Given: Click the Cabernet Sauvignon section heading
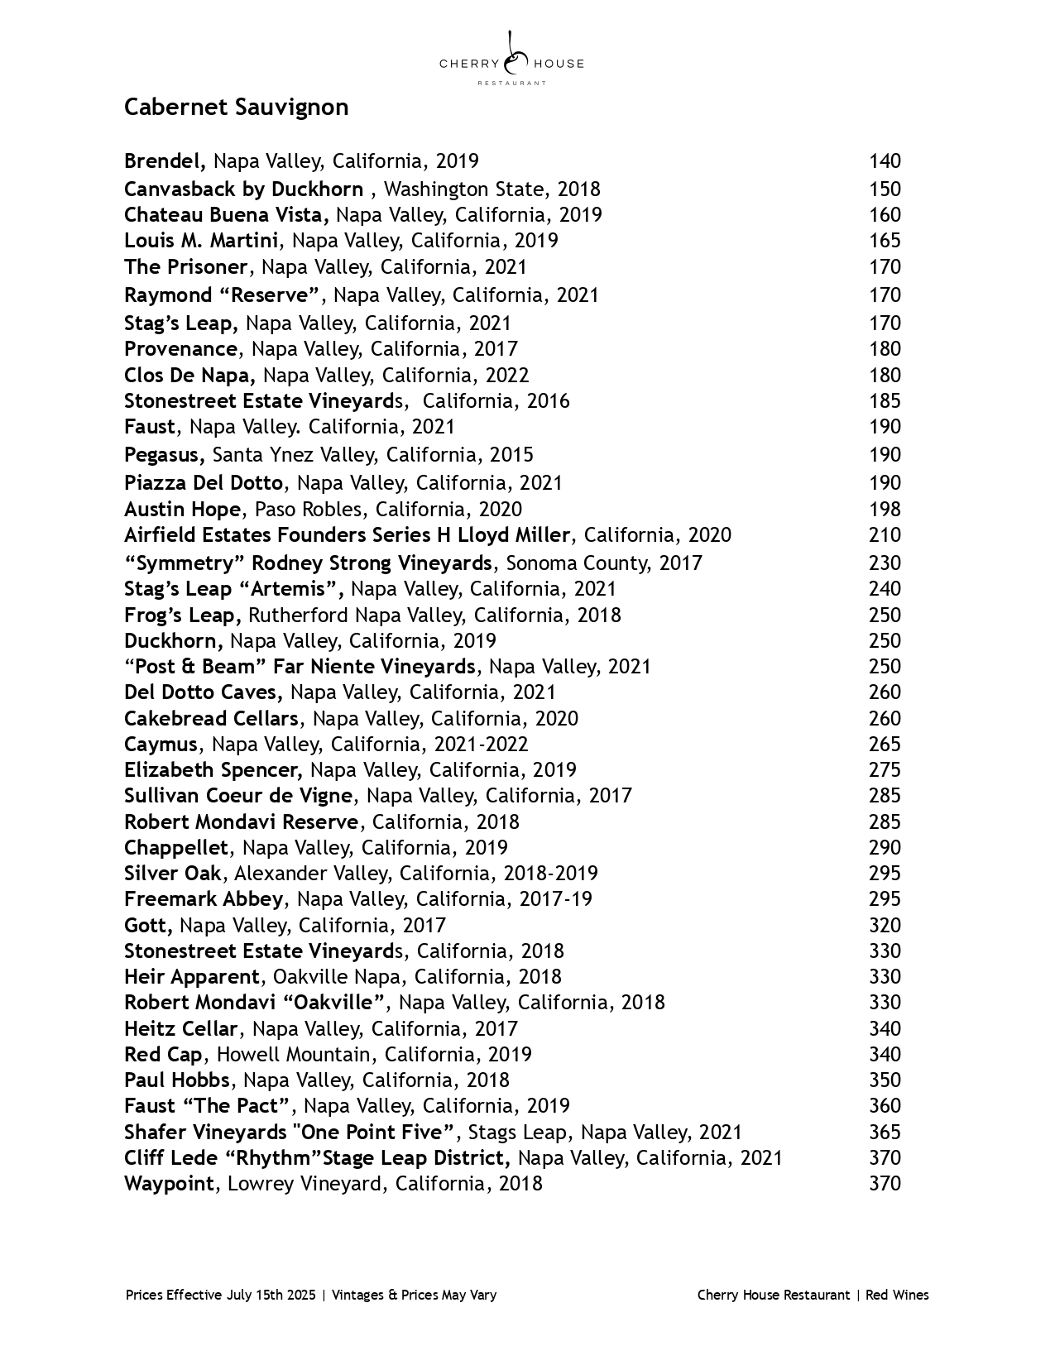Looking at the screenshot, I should (236, 108).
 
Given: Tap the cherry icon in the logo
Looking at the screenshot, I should (514, 57).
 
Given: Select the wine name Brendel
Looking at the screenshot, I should (164, 161).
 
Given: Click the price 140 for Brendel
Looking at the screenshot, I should (885, 161).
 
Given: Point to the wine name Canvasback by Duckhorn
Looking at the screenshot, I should (243, 189).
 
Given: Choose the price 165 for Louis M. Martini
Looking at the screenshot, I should (885, 241).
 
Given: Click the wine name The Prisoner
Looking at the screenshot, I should (185, 267).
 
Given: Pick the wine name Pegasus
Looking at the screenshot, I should (163, 455).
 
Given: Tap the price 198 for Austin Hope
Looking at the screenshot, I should (885, 510).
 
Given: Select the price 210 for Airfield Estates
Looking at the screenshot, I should (885, 535).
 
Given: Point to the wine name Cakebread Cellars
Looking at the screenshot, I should (211, 719).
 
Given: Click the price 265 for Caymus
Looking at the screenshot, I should (885, 745).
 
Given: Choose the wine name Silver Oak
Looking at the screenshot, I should (173, 874).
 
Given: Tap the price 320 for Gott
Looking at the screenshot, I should (885, 926).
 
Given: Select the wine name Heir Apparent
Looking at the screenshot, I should (192, 977).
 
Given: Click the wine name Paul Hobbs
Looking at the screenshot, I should (177, 1080).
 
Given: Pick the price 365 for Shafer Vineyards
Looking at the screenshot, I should (885, 1133).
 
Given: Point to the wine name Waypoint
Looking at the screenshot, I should (170, 1184).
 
